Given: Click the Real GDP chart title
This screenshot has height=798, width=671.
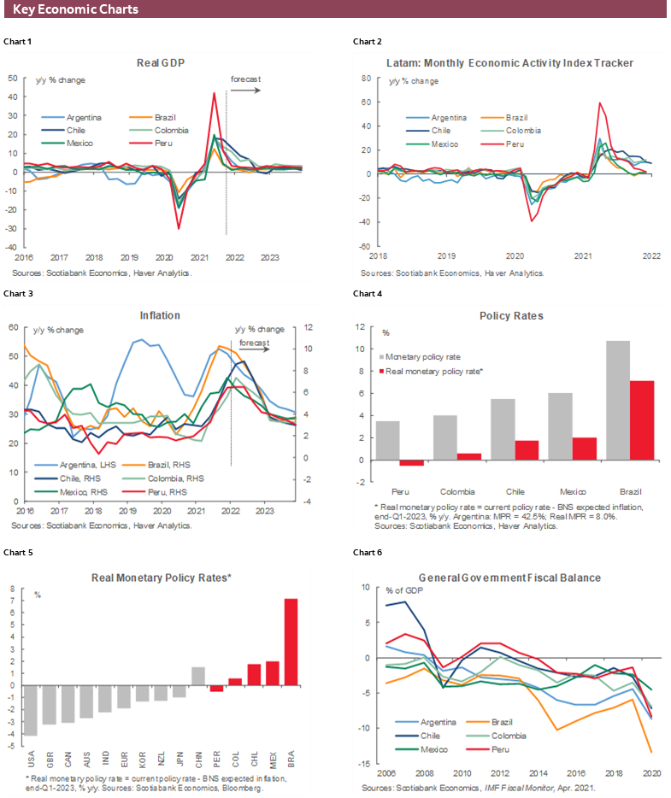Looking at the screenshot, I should [x=161, y=62].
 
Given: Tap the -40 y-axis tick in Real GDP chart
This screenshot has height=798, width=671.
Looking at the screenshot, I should [x=11, y=247].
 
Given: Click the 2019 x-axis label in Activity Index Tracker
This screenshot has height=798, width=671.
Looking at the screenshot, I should [x=446, y=255].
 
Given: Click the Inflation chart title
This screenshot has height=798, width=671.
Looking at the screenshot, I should [x=160, y=315].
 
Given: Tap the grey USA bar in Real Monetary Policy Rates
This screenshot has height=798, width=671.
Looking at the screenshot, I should [x=30, y=710].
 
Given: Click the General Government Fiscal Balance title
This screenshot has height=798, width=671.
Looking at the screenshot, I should [x=509, y=578].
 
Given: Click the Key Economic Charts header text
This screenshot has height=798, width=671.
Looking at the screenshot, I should [x=75, y=10].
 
